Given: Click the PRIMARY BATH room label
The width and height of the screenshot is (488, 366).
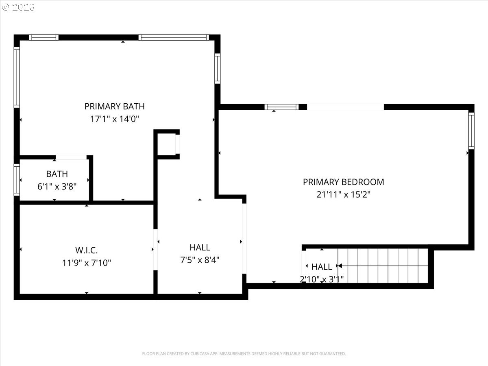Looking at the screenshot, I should click(x=114, y=107).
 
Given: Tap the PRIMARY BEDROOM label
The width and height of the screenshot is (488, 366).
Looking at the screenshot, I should click(x=343, y=182).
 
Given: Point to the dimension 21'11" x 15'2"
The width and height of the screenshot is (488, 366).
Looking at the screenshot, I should click(x=343, y=194).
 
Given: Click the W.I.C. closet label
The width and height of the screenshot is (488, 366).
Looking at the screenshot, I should click(x=86, y=250).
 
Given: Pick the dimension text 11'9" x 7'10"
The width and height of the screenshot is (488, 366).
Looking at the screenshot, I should click(x=86, y=263).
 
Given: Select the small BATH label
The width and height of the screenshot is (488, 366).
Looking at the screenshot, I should click(x=57, y=174).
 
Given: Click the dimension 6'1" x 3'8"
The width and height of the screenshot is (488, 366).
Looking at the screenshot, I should click(x=57, y=186).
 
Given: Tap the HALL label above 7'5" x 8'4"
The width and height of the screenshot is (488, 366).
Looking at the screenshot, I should click(x=200, y=247).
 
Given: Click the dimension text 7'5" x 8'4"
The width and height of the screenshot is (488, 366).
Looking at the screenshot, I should click(x=200, y=260).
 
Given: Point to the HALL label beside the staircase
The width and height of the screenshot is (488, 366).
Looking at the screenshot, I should click(x=322, y=267).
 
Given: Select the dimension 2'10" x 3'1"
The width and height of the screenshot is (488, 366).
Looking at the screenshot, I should click(x=322, y=279).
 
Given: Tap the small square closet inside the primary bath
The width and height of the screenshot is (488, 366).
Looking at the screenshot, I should click(x=167, y=144).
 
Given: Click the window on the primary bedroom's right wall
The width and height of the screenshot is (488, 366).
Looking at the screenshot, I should click(x=471, y=131).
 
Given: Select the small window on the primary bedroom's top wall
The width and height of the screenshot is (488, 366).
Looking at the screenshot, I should click(x=281, y=107).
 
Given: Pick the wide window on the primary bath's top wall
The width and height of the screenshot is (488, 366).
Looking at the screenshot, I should click(x=174, y=37).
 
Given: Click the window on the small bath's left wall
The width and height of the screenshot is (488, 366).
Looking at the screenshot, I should click(x=17, y=179).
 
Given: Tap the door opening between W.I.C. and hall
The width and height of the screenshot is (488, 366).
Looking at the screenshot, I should click(x=155, y=249).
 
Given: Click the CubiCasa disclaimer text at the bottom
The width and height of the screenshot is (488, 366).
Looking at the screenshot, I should click(x=244, y=354).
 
